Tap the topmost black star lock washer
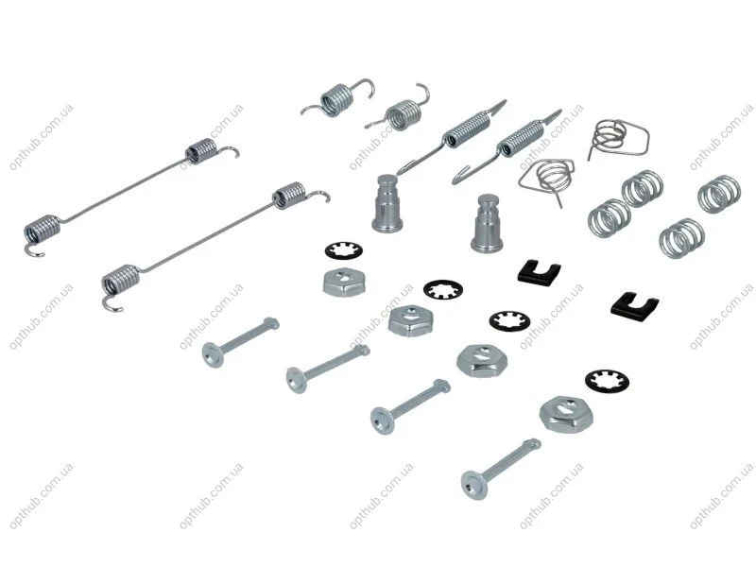point(344,251)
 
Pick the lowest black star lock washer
point(607,382)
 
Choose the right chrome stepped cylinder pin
point(487,223)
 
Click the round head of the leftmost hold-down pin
point(212,355)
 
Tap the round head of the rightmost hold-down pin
point(473,485)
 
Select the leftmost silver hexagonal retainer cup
point(344,282)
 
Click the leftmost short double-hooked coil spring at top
point(337,99)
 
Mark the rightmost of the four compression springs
point(719,194)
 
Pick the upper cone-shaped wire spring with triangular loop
point(617,137)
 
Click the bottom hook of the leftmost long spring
point(35,251)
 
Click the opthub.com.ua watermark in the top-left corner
point(42,137)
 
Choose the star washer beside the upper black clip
point(509,321)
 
